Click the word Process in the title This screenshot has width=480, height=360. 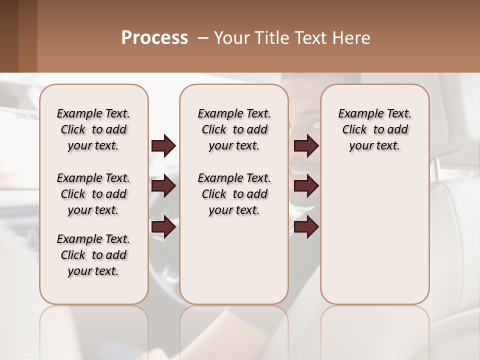tap(154, 38)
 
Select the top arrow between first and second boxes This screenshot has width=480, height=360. tap(163, 146)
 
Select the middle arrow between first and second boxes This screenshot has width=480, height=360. tap(163, 186)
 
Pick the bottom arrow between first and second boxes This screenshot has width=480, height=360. tap(163, 227)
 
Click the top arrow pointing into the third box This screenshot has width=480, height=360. tap(306, 146)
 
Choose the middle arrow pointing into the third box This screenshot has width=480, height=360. tap(306, 186)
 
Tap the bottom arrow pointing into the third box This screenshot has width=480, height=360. tap(306, 227)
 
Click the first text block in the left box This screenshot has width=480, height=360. tap(93, 129)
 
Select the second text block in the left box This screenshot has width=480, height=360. tap(93, 194)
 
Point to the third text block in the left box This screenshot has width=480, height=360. tap(93, 255)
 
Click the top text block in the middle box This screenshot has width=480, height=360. tap(234, 129)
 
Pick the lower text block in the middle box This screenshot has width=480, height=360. tap(234, 194)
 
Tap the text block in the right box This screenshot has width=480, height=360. tap(374, 129)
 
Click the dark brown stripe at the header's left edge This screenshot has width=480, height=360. tap(9, 36)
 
